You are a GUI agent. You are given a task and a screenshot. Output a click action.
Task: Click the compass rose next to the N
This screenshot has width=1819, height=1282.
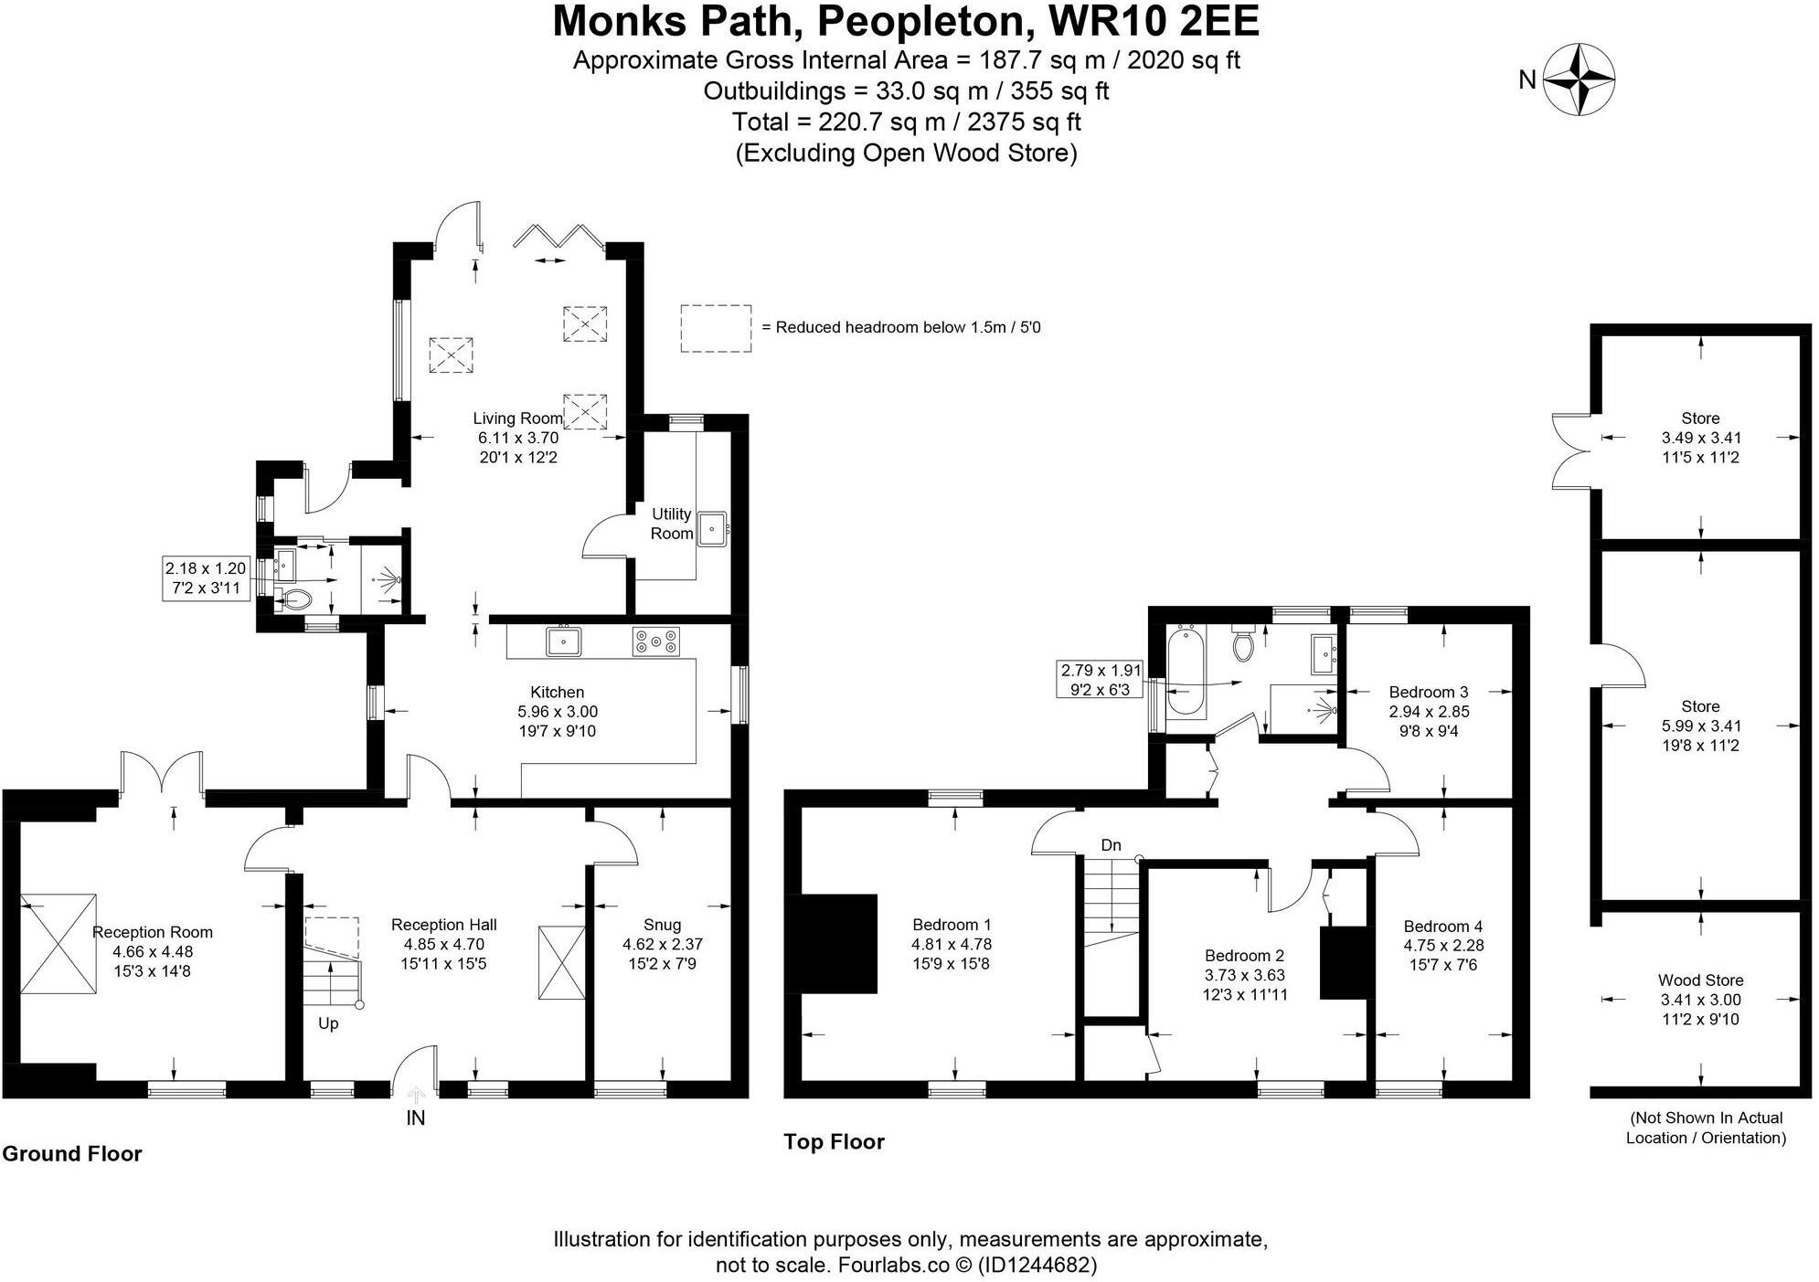1579,79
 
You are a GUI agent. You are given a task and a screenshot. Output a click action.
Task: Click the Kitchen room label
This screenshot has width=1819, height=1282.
557,693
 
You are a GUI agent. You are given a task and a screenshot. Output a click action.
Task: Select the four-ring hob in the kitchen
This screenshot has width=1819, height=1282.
656,641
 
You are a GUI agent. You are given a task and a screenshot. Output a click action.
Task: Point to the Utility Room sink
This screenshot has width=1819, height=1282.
711,529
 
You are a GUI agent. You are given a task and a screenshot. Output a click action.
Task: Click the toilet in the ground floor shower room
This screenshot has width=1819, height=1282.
296,600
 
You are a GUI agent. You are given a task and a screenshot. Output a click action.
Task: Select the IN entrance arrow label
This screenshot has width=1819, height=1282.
416,1118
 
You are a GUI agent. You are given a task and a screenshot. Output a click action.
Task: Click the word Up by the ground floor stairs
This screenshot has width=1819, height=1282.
328,1023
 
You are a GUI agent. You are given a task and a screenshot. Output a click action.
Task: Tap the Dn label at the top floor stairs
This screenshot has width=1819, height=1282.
1111,845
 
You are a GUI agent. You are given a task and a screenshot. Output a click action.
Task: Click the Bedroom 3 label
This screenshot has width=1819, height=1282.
1428,692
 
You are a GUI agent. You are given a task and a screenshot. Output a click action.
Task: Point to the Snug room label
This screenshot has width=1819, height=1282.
662,925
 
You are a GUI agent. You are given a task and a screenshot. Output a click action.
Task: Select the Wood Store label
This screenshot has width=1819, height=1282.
1700,980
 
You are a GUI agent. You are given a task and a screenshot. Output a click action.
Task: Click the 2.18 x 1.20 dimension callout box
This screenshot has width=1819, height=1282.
205,577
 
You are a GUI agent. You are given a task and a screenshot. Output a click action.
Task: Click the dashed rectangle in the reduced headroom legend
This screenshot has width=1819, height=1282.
716,328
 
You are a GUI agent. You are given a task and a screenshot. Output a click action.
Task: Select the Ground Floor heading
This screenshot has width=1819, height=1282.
72,1154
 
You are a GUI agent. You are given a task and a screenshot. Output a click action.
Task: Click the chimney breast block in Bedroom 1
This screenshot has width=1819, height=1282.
837,943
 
